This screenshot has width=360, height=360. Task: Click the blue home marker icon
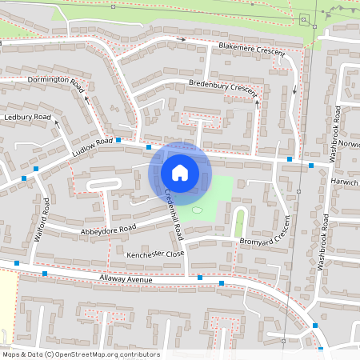coord(180,172)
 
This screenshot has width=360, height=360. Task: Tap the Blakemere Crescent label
coord(252,51)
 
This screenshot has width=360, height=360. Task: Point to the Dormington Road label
coord(54,81)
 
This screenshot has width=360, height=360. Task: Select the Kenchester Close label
coord(155,253)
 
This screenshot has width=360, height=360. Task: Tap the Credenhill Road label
coord(174,216)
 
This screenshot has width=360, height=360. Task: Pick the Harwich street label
coord(345,182)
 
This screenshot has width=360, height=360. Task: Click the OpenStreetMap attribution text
coord(81,354)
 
